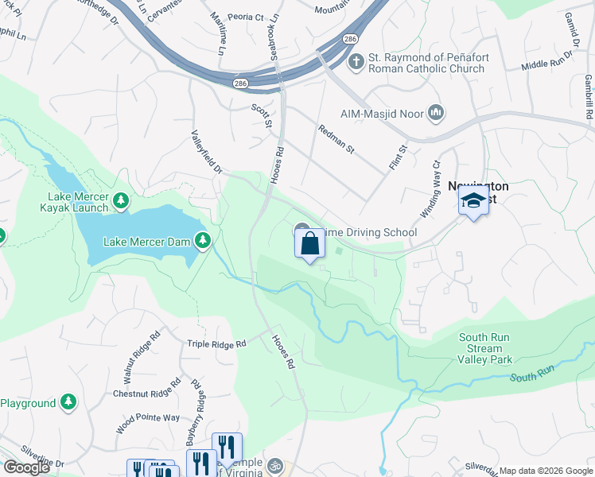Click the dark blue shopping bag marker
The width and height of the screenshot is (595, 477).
[309, 244]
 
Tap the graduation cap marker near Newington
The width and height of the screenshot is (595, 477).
[473, 202]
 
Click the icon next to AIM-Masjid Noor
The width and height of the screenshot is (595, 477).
[435, 114]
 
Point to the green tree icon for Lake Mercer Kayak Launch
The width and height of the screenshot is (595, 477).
[121, 200]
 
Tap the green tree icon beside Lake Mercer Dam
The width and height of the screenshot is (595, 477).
[204, 240]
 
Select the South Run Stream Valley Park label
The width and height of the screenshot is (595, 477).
[484, 348]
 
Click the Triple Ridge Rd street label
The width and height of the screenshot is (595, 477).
[216, 344]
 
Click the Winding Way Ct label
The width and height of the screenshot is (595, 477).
[430, 190]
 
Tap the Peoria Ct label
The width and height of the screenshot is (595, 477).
[247, 17]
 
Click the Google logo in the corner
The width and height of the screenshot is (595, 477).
[26, 467]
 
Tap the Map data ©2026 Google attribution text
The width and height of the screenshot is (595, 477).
[545, 471]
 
